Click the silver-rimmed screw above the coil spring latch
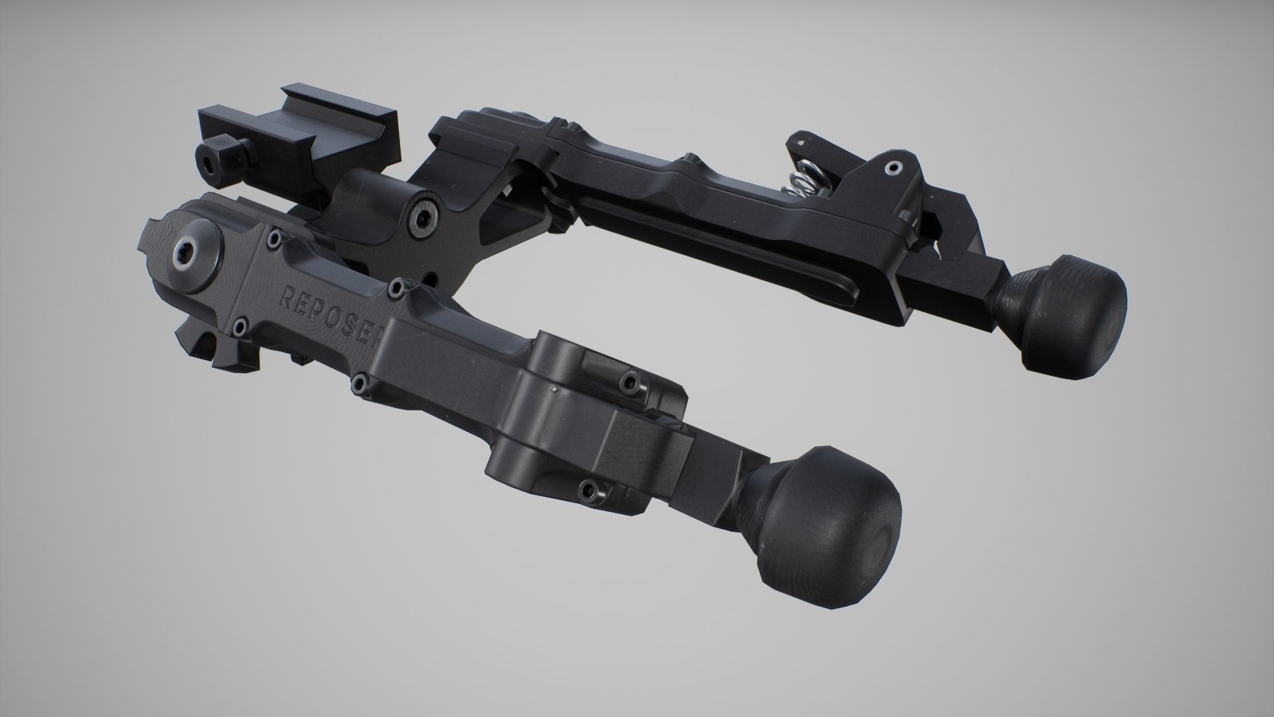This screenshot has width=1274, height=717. (892, 169)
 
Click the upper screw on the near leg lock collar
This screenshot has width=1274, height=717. (628, 381)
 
